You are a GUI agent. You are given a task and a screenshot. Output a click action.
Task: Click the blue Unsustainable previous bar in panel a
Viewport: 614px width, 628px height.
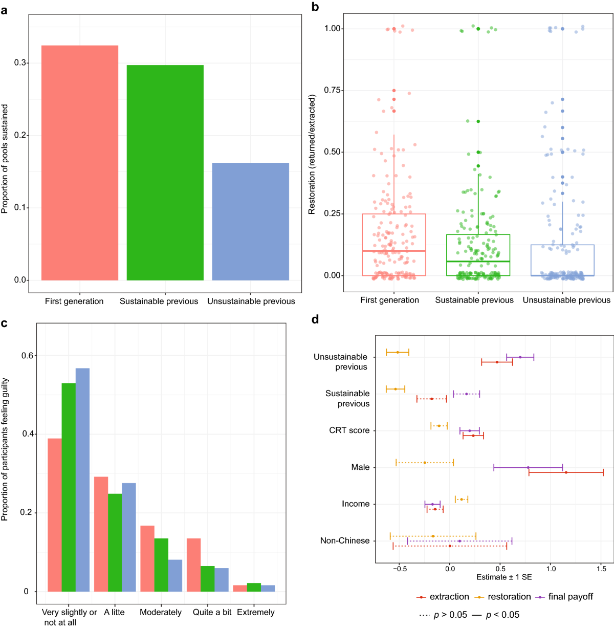tap(250, 221)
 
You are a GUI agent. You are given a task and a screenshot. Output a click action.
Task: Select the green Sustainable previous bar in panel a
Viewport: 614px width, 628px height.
tap(165, 172)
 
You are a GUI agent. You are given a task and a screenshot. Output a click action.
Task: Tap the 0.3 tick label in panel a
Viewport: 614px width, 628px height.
tap(20, 63)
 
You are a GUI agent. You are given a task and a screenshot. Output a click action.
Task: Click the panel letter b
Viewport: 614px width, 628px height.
tap(315, 7)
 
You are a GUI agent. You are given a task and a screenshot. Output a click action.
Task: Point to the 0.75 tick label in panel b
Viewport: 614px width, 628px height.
tap(333, 90)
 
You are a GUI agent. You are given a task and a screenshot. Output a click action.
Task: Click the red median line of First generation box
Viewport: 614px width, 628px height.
tap(393, 251)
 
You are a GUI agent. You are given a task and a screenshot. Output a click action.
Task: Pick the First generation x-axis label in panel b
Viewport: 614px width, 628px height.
tap(389, 300)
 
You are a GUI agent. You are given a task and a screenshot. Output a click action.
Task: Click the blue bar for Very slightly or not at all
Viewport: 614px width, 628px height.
tap(82, 480)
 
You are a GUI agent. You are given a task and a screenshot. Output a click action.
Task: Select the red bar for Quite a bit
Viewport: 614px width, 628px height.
tap(193, 565)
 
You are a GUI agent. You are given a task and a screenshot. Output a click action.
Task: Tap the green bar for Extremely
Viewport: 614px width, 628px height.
tap(254, 587)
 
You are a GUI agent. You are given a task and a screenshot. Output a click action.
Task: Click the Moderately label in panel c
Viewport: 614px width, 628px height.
tap(161, 612)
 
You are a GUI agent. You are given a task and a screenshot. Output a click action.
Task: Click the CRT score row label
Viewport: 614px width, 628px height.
tap(349, 430)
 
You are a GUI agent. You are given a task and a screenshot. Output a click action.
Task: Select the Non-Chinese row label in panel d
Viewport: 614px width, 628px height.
tap(344, 540)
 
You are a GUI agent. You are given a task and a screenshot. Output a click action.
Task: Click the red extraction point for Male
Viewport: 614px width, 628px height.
tap(566, 472)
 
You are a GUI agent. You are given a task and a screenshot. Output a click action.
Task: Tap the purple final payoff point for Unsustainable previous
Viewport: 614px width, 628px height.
tap(520, 357)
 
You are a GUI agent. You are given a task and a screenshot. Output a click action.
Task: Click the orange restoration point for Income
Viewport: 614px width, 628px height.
tap(462, 500)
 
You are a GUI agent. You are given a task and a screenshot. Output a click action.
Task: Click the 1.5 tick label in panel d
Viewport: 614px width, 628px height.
tap(601, 568)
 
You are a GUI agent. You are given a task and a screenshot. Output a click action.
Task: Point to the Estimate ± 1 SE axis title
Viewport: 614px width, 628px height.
tap(504, 577)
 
